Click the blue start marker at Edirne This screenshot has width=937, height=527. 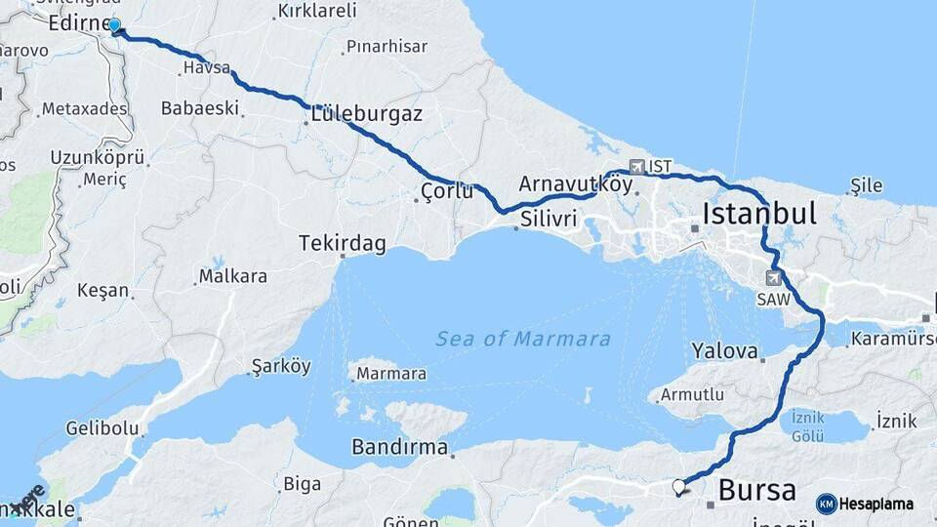[x=114, y=25]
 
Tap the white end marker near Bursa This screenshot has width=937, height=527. [x=678, y=485]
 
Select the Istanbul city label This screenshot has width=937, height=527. [x=758, y=214]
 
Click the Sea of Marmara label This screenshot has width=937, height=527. [x=523, y=340]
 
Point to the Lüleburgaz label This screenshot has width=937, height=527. [x=366, y=114]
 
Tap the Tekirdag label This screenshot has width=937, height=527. [x=343, y=243]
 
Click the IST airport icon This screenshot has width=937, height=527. [x=637, y=166]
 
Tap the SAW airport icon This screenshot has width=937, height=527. [x=773, y=278]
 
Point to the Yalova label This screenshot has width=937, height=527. [x=724, y=350]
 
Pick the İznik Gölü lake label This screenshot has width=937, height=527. [x=808, y=425]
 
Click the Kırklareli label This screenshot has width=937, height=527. [x=317, y=11]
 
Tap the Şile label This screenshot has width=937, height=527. [x=867, y=185]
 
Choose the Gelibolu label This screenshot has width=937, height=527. [x=98, y=427]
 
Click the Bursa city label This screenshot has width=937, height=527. [x=756, y=490]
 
